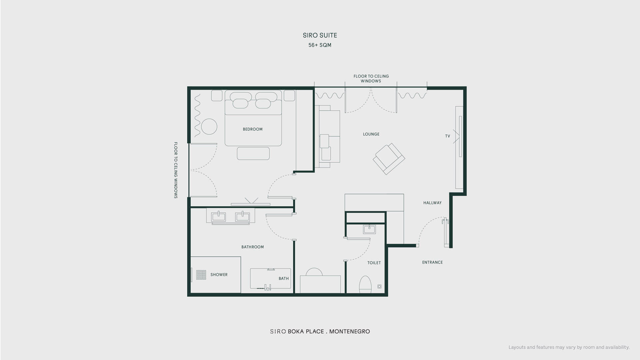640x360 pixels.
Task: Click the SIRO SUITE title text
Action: (x=320, y=35)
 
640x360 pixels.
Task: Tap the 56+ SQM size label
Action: (x=320, y=45)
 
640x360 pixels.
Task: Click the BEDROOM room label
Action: (x=253, y=129)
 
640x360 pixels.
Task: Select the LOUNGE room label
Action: (x=371, y=134)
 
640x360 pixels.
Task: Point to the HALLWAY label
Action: (x=432, y=203)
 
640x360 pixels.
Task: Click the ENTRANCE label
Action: (x=432, y=262)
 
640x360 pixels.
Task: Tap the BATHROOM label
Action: (x=253, y=247)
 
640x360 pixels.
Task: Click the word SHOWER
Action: (x=219, y=275)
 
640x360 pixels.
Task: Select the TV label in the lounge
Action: (x=448, y=136)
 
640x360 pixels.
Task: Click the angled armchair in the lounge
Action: (x=389, y=159)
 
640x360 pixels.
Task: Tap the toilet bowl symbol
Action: (x=365, y=284)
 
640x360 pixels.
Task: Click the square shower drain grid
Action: (x=201, y=275)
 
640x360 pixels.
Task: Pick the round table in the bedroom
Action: (x=209, y=127)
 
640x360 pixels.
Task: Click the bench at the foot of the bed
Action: (x=253, y=153)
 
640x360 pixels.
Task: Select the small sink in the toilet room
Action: (x=369, y=229)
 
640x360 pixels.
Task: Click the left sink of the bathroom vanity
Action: (x=218, y=217)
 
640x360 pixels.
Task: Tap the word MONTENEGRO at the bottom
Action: (x=350, y=332)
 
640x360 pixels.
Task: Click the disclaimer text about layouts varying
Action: (x=569, y=347)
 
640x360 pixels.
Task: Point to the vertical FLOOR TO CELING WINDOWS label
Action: (x=176, y=170)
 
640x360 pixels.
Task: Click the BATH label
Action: (x=284, y=279)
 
